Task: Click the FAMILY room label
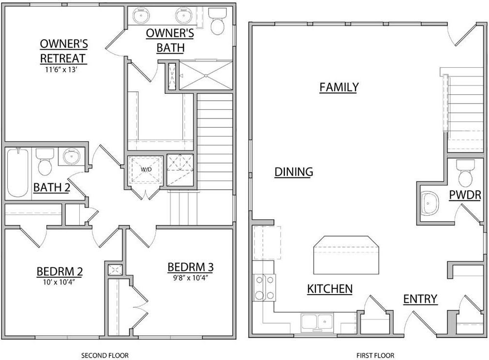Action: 339,87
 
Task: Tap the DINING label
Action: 294,172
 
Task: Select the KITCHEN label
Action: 329,289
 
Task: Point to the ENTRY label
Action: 420,299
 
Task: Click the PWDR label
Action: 464,195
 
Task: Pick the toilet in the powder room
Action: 466,173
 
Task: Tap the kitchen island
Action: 345,255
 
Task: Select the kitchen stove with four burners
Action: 264,287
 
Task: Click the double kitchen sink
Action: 317,321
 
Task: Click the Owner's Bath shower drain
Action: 206,75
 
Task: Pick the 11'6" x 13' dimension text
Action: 63,70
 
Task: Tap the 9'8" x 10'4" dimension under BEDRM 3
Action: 191,277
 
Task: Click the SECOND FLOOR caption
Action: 104,356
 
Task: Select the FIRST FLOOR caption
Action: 375,356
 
